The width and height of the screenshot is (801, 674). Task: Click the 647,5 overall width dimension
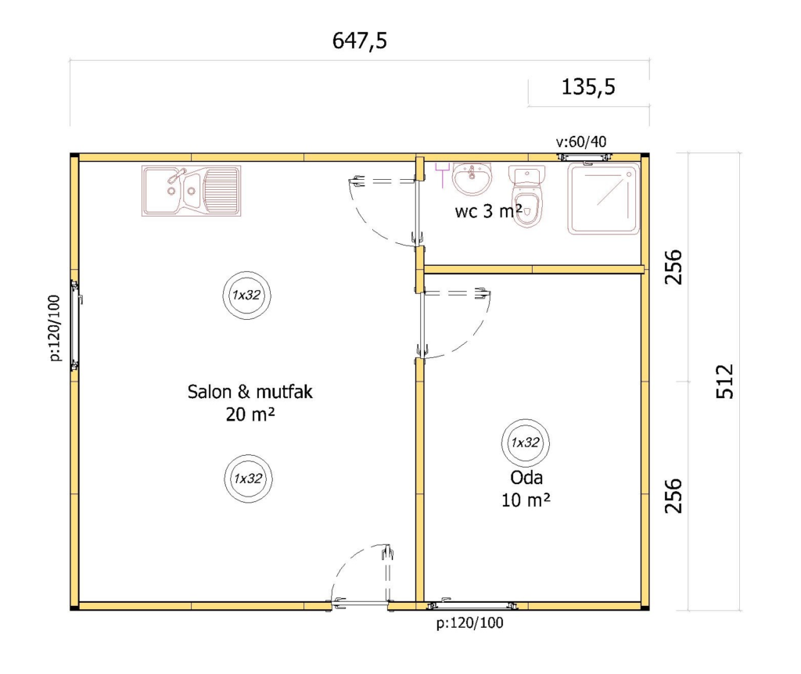(360, 41)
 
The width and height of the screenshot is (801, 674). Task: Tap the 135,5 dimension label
(588, 87)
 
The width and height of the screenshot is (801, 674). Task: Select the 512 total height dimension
(724, 381)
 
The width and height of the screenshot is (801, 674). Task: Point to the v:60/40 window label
(581, 142)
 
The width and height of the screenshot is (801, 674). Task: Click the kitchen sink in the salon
(191, 191)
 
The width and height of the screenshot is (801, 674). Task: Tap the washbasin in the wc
(472, 179)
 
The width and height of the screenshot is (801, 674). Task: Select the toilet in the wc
(526, 196)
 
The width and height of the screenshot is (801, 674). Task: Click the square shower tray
(603, 199)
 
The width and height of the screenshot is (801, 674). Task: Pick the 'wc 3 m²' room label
(488, 211)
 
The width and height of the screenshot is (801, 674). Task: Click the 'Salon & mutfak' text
(250, 392)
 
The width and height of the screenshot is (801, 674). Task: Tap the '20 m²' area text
(250, 414)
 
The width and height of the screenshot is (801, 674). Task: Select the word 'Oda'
(526, 478)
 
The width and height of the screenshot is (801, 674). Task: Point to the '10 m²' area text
(526, 500)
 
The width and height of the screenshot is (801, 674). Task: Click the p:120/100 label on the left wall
(56, 328)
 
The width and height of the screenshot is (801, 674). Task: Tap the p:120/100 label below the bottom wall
(469, 623)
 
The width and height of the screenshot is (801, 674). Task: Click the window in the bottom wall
(472, 605)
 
